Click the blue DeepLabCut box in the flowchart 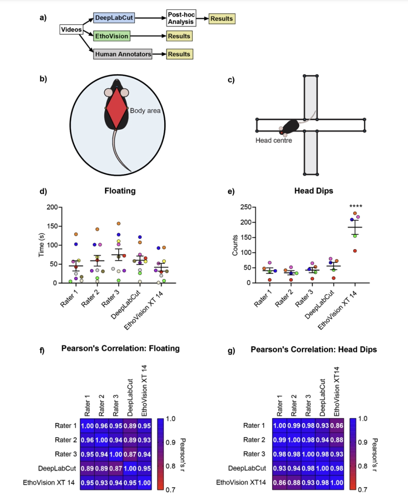tap(111, 19)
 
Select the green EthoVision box tap(111, 37)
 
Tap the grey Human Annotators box tap(123, 54)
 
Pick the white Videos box tap(71, 30)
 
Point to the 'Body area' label tap(145, 111)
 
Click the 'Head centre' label tap(274, 140)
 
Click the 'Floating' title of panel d tap(120, 191)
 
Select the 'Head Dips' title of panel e tap(314, 191)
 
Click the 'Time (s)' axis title tap(42, 245)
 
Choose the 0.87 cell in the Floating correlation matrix tap(130, 453)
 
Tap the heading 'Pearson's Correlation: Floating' tap(120, 349)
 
